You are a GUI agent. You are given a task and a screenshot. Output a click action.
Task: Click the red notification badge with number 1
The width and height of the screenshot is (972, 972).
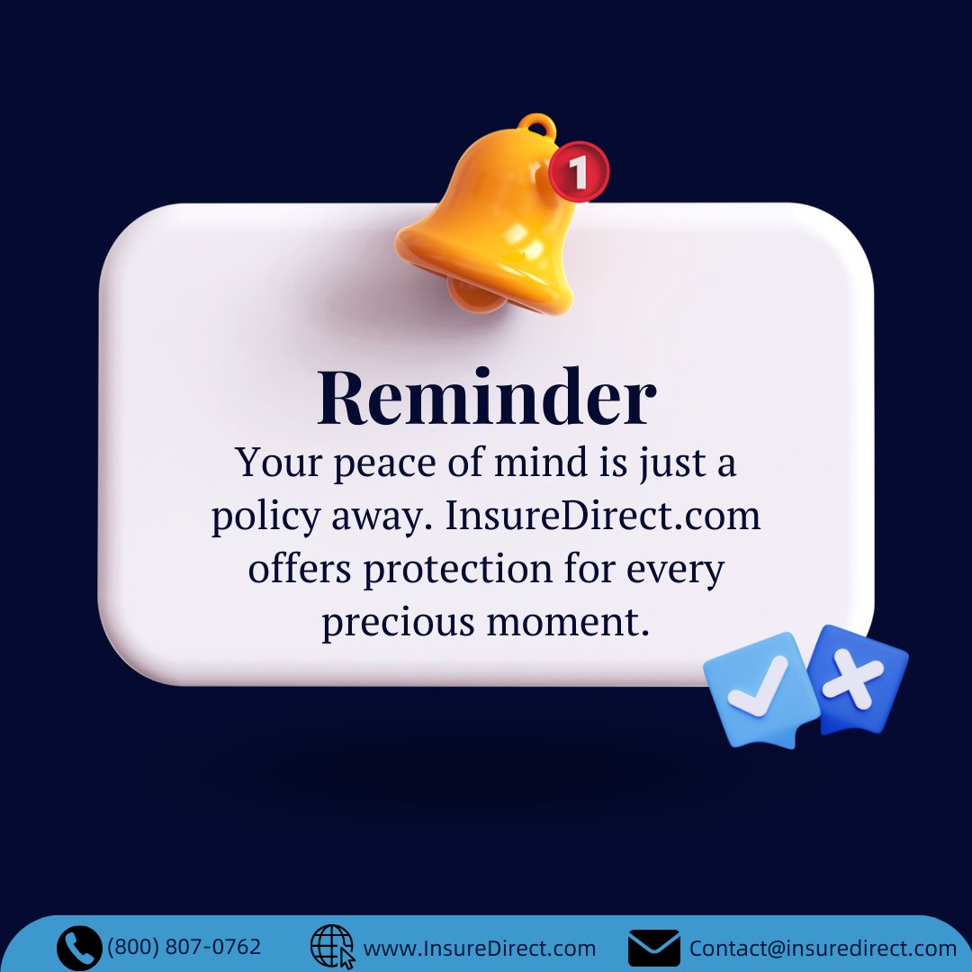[x=580, y=170]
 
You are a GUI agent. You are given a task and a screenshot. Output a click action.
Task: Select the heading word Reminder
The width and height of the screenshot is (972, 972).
[x=486, y=398]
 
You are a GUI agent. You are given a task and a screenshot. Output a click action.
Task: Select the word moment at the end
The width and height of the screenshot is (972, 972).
[x=568, y=623]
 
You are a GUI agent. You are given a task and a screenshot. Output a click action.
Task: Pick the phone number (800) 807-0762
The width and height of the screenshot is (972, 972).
[x=184, y=947]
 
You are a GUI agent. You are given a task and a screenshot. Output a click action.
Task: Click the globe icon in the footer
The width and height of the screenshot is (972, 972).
[x=332, y=948]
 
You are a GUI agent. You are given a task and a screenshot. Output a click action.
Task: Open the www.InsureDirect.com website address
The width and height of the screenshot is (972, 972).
[x=479, y=949]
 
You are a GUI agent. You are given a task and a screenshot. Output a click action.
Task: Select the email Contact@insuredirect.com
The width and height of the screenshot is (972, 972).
[x=823, y=949]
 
